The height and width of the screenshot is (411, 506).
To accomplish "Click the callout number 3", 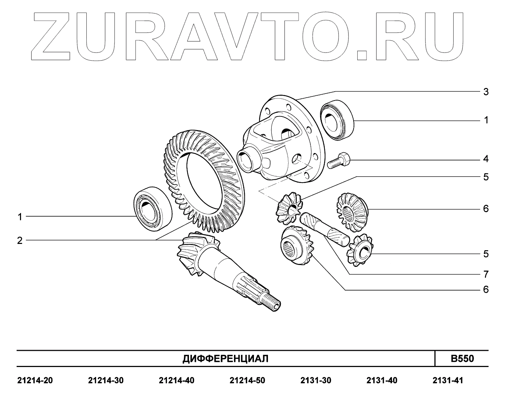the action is coord(486,92).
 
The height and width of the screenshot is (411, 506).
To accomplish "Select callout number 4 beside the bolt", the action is coord(486,159).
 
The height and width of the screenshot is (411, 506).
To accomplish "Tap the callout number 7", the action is coord(486,275).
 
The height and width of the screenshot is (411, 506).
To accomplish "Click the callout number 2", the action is coord(20,241).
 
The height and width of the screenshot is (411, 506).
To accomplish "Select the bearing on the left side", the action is coord(153,208).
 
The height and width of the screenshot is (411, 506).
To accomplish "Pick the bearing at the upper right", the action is coord(337,120).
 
